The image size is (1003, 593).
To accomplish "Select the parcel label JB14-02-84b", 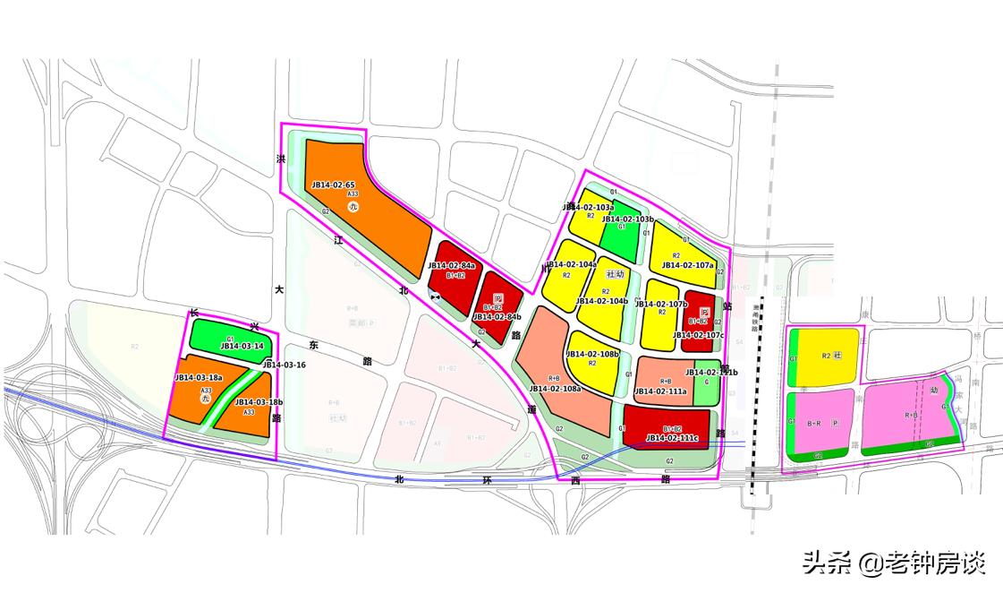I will pos(497,316).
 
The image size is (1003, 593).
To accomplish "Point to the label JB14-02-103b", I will pos(628,219).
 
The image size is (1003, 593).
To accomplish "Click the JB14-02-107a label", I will pos(687,265).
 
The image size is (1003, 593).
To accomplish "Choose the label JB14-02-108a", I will pos(555,389).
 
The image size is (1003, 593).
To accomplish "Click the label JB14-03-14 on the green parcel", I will pos(242,346).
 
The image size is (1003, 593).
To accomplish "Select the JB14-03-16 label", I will pos(285,365).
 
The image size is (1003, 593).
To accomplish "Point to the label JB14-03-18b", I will pos(259,402).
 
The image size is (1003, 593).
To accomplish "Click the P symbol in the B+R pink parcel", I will pos(835,422).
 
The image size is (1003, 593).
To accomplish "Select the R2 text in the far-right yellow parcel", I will pos(826,356).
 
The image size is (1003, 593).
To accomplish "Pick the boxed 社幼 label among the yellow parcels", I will pos(615,273).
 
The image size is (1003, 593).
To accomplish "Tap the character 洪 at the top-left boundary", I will pos(280,158).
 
